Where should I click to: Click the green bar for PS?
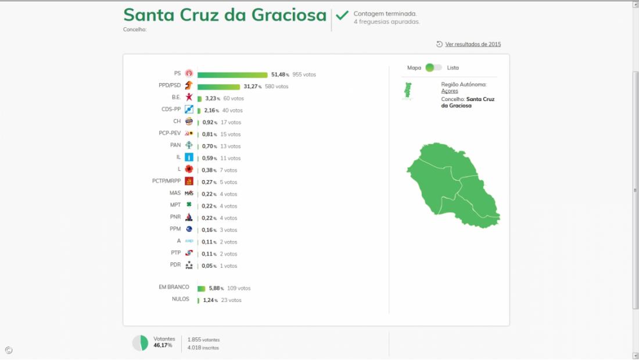232,75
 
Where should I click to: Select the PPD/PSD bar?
218,87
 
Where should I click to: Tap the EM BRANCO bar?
201,289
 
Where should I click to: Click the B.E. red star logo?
189,98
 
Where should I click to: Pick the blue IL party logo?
189,157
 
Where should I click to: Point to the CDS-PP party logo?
189,110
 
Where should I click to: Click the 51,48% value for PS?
279,75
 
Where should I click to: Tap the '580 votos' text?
277,87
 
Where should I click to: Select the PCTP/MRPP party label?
166,181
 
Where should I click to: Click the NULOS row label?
180,300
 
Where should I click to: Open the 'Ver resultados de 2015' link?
473,44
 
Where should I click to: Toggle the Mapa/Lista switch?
433,68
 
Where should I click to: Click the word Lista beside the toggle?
453,68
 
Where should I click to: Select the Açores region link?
450,91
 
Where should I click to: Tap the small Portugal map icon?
408,91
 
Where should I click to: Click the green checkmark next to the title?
342,15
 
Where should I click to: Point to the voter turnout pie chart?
141,343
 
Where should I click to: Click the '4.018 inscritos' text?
203,348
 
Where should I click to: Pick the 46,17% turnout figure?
163,345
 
